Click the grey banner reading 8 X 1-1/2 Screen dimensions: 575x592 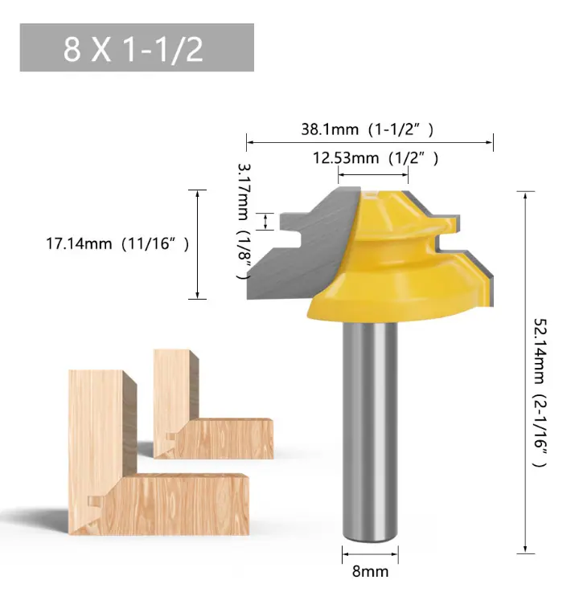[137, 47]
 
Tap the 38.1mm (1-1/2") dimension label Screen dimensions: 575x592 [367, 129]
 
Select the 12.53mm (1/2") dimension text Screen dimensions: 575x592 [376, 157]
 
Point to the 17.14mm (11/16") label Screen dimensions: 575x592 [117, 243]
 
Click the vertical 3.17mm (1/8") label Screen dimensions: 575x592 [244, 221]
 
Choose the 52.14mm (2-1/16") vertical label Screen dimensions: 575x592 [540, 393]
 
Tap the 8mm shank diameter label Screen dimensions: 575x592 [370, 571]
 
